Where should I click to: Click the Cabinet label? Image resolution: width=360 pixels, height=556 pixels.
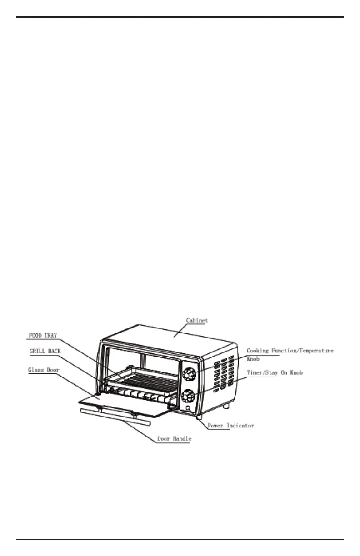[197, 320]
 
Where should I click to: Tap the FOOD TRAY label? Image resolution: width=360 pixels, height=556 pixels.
[43, 336]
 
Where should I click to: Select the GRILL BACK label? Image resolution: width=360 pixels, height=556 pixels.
[45, 351]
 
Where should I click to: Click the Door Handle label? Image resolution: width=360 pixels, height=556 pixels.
[174, 439]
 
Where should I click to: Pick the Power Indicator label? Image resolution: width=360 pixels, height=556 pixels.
[230, 426]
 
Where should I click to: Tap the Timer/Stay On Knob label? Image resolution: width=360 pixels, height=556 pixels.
[275, 372]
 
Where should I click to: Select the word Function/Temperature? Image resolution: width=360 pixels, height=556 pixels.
[305, 351]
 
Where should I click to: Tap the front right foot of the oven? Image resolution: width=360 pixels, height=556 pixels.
[198, 416]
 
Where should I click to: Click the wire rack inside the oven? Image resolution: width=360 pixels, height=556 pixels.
[141, 376]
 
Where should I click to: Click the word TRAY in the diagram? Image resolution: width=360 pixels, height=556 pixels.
[51, 336]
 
